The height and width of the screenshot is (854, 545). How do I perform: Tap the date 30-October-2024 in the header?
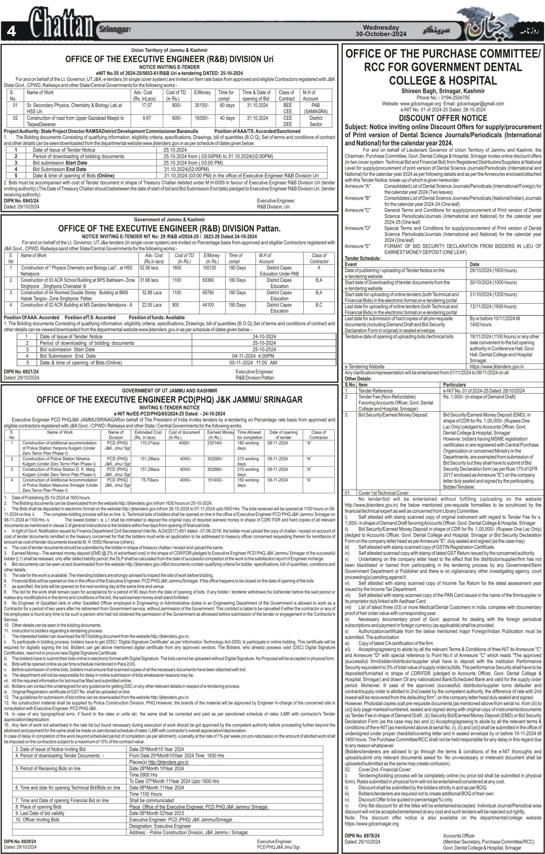378,34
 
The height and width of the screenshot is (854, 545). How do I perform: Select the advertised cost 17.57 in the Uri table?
147,105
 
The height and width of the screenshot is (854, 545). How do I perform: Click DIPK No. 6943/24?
21,200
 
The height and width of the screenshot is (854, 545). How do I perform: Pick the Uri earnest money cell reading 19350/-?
202,118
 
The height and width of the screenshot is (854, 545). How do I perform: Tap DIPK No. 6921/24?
21,371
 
